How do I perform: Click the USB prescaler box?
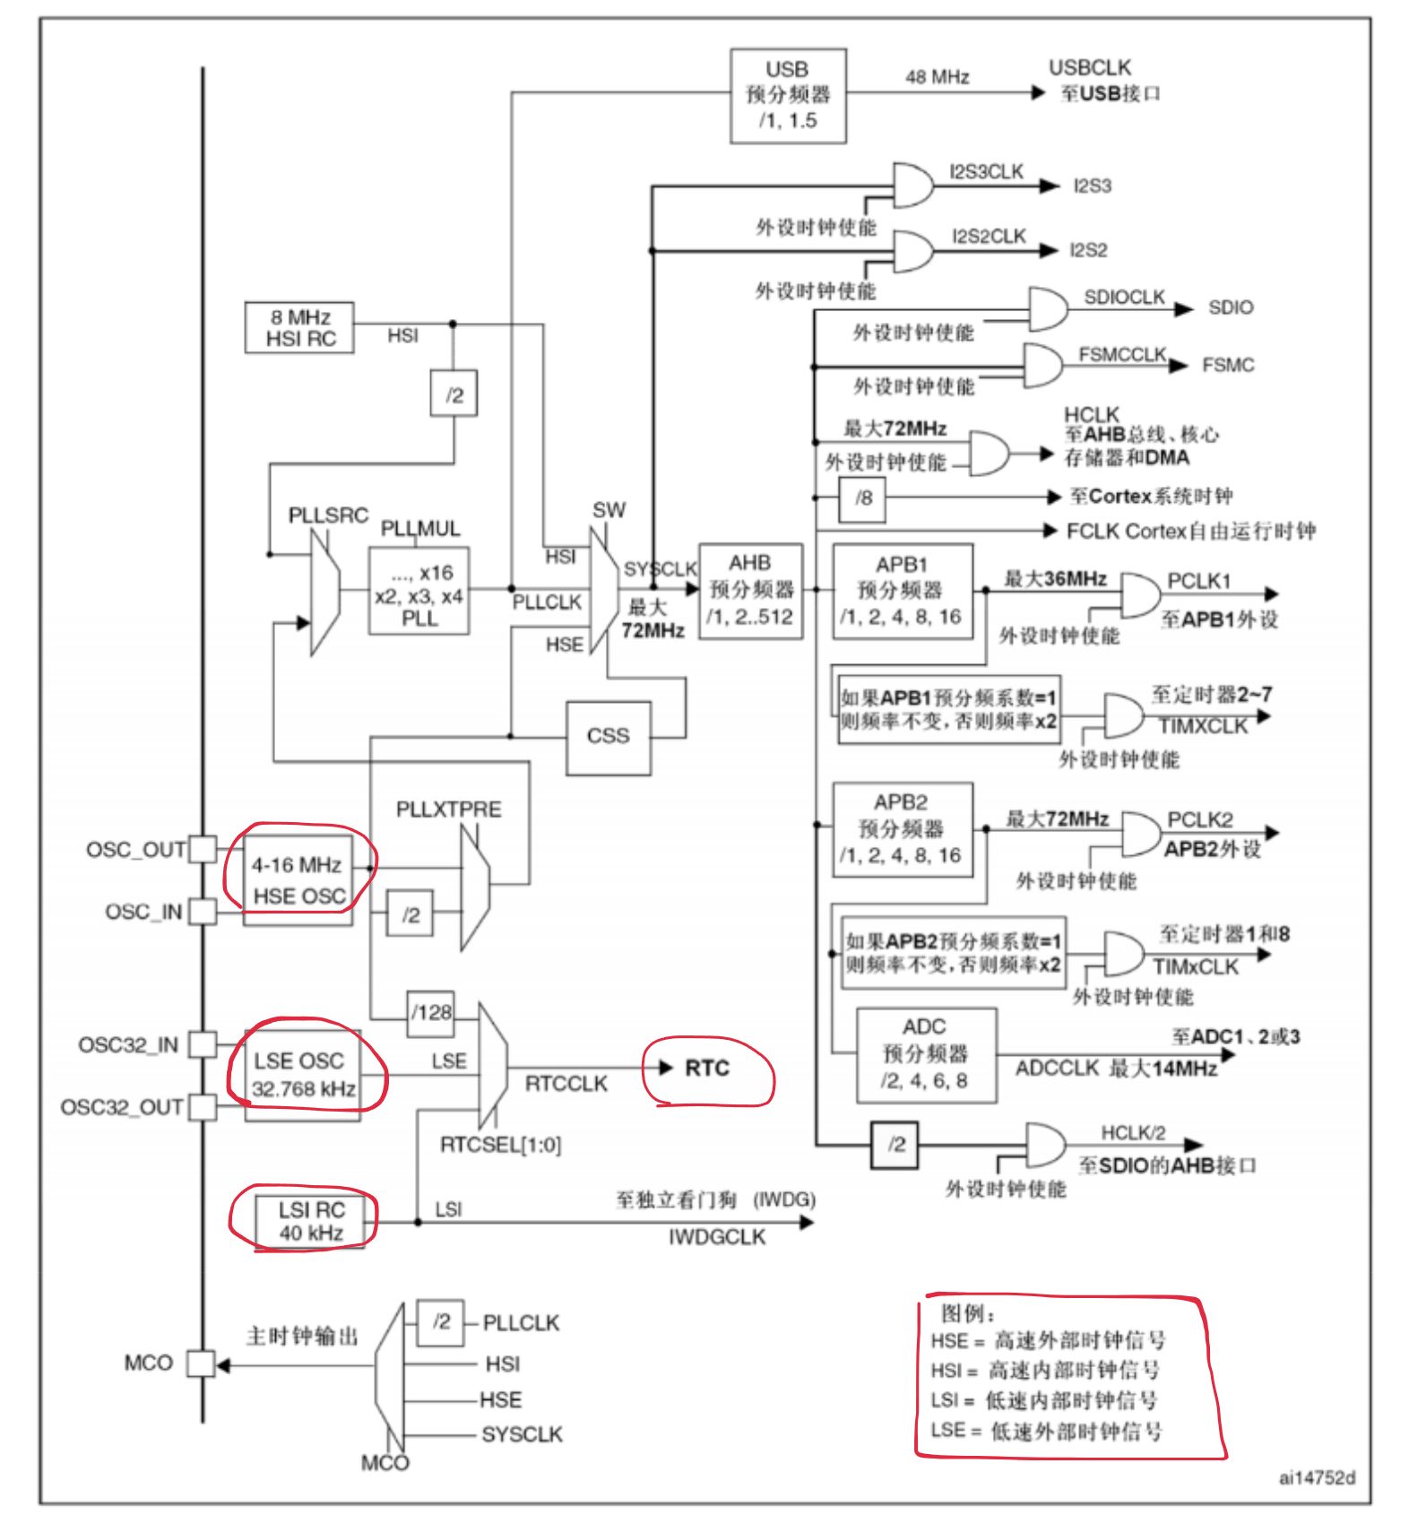[x=788, y=95]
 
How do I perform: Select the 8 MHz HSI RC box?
[x=299, y=327]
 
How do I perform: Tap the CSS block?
[x=608, y=736]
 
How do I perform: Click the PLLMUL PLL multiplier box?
[x=419, y=591]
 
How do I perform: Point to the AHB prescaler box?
[x=750, y=590]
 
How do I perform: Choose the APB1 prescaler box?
[x=902, y=590]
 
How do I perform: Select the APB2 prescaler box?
[x=902, y=828]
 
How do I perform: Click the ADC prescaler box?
[x=926, y=1054]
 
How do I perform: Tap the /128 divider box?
[x=430, y=1013]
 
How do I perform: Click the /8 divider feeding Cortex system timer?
[x=862, y=498]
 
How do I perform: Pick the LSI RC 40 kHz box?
[x=310, y=1221]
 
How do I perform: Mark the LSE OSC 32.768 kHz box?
[x=303, y=1074]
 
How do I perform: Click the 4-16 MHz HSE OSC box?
[x=298, y=880]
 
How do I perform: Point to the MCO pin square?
[x=201, y=1363]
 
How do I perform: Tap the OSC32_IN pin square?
[x=203, y=1044]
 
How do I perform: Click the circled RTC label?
[x=706, y=1069]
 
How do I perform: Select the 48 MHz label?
[x=937, y=77]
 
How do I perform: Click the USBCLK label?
[x=1090, y=68]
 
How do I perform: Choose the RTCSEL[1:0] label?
[x=500, y=1145]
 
